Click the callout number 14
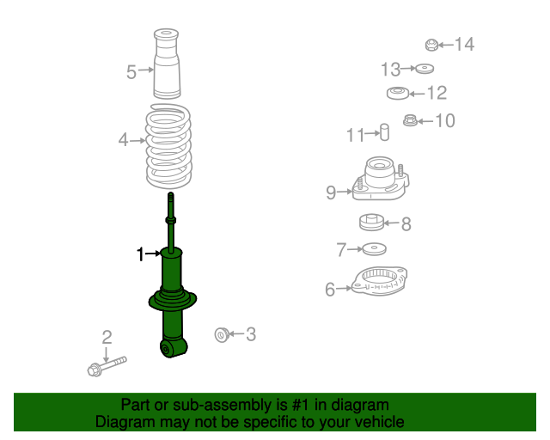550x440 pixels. (464, 44)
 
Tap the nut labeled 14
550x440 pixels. (432, 45)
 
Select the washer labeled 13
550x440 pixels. (424, 69)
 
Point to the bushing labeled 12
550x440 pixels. (397, 93)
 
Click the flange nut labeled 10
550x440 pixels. (410, 121)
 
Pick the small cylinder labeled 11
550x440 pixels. (385, 133)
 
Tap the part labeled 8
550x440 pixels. (371, 222)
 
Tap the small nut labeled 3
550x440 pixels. (221, 333)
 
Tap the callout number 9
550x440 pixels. (331, 192)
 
